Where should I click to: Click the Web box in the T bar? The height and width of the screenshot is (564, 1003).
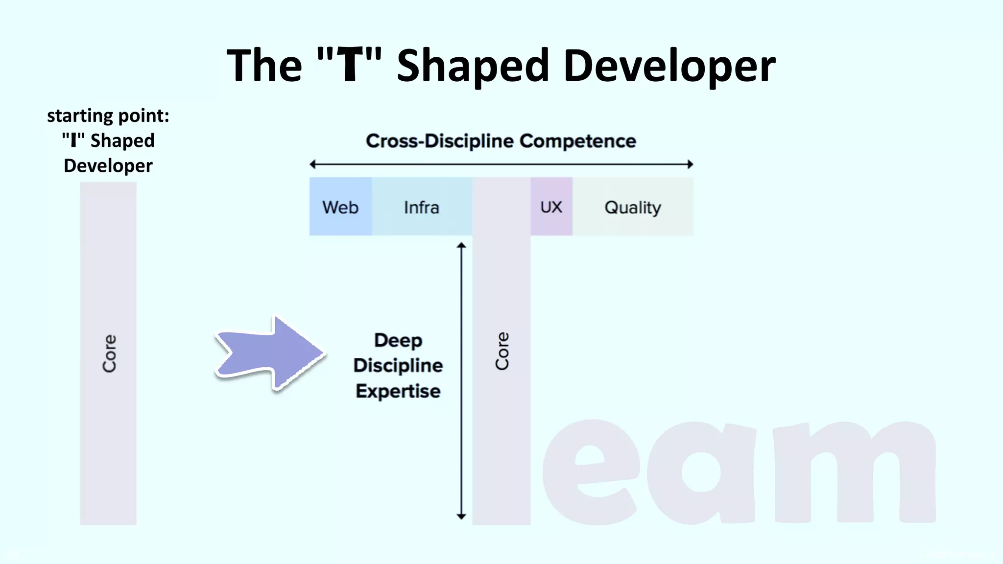[x=340, y=207]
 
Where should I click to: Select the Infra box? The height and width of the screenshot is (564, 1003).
[x=422, y=207]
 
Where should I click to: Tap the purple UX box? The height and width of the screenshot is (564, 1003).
[x=551, y=207]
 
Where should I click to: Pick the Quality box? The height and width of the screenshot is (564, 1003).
[x=633, y=207]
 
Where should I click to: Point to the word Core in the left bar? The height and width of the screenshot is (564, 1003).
[x=109, y=353]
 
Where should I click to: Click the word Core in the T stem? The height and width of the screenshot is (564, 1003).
[x=502, y=351]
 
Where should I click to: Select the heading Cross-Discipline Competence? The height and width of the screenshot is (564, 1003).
[x=501, y=141]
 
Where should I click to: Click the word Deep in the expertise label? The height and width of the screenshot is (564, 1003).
[x=398, y=340]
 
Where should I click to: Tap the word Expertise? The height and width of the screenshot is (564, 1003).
[x=398, y=391]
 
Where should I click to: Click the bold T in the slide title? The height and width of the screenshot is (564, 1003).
[x=349, y=65]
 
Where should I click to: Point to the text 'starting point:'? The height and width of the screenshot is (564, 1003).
[x=108, y=116]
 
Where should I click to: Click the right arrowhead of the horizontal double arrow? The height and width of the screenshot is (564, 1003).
[x=690, y=164]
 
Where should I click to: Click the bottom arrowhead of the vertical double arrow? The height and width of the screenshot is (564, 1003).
[x=461, y=516]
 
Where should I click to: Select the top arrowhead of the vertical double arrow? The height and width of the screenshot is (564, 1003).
[x=461, y=245]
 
